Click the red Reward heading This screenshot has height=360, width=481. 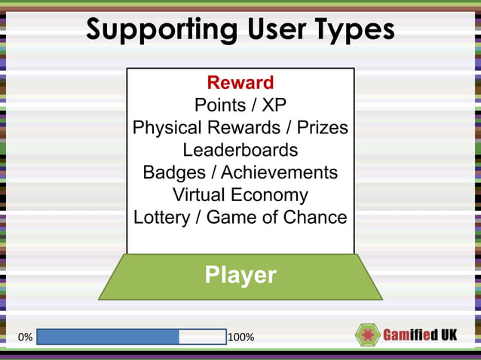[x=240, y=82]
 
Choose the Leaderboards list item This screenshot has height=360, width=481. [x=240, y=150]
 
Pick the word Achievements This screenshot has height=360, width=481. [x=279, y=172]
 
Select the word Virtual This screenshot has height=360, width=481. [x=198, y=195]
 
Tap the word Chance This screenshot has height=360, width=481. [x=314, y=218]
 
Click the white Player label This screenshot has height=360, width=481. [x=240, y=275]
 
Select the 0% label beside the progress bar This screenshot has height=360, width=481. [x=24, y=337]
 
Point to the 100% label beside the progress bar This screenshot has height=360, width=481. [x=240, y=337]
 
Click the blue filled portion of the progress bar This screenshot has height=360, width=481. [x=108, y=337]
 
